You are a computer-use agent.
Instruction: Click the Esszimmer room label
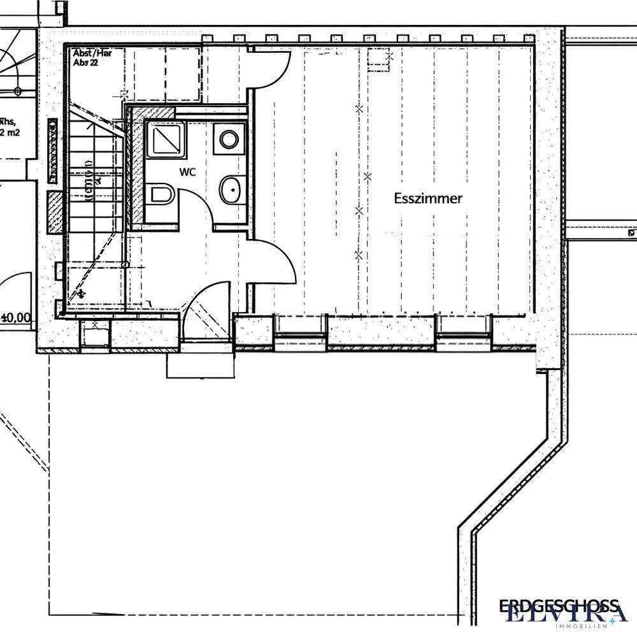pos(428,199)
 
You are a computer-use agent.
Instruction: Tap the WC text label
pos(187,172)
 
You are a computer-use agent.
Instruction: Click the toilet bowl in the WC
pos(162,195)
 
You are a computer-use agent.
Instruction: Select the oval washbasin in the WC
pos(230,189)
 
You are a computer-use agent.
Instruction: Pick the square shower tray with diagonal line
pos(165,140)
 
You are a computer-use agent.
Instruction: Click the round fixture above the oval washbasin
pos(229,138)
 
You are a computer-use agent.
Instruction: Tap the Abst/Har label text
pos(92,54)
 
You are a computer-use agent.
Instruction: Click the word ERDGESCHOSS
pos(558,605)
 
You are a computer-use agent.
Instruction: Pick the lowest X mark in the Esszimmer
pos(359,255)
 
